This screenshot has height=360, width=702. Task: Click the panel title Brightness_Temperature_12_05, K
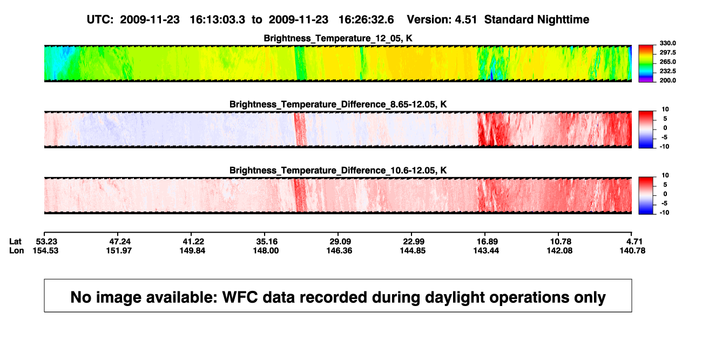click(338, 38)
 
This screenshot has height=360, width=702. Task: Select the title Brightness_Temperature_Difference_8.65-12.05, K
click(338, 104)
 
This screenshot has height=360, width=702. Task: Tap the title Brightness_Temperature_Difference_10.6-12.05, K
click(338, 171)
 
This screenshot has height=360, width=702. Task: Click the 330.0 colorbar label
click(667, 43)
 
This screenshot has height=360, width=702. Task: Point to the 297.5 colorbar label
click(667, 52)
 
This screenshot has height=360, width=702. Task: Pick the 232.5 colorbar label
click(667, 71)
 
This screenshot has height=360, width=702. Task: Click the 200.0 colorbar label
click(667, 80)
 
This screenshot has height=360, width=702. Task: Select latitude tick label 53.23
click(46, 242)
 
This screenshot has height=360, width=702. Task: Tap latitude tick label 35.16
click(267, 242)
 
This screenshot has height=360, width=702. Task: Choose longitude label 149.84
click(192, 250)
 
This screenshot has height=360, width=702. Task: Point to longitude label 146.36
click(339, 250)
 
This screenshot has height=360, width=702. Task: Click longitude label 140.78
click(632, 250)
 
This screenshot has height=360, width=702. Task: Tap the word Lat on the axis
click(15, 242)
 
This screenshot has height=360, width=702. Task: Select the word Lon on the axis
click(16, 250)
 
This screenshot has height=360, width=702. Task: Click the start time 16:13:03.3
click(218, 20)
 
